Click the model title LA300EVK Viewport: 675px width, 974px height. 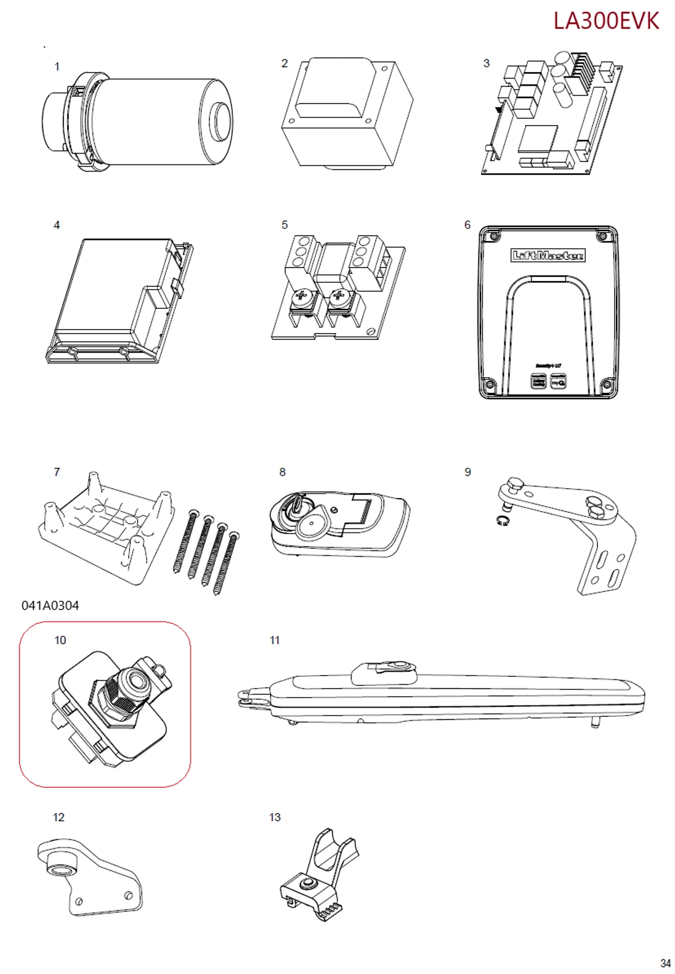pyautogui.click(x=606, y=21)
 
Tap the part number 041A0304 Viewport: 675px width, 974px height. pyautogui.click(x=51, y=605)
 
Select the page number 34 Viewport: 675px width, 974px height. pyautogui.click(x=665, y=963)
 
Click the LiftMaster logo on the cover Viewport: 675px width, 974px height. pyautogui.click(x=548, y=255)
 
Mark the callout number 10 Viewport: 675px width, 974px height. pyautogui.click(x=60, y=640)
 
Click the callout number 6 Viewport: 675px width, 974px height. pyautogui.click(x=467, y=225)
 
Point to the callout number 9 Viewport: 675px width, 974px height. pyautogui.click(x=468, y=472)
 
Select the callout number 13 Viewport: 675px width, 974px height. pyautogui.click(x=275, y=817)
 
